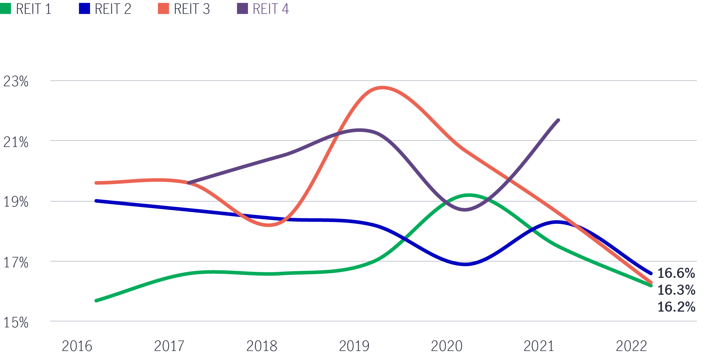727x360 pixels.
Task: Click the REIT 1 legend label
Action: (x=33, y=9)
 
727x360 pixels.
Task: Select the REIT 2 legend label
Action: (x=113, y=9)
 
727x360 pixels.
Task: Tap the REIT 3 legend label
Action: (x=192, y=9)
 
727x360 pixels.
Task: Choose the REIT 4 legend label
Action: (x=270, y=9)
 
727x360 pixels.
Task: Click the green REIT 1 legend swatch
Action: (x=6, y=9)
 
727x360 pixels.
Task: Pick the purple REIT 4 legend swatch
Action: (x=242, y=9)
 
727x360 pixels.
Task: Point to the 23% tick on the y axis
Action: (x=16, y=81)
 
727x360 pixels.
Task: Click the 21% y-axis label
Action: (x=16, y=142)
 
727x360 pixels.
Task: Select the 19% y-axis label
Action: (x=16, y=202)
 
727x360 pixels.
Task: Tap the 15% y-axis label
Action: (x=16, y=322)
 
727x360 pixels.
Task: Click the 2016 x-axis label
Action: (x=77, y=346)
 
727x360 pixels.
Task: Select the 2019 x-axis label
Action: (x=354, y=346)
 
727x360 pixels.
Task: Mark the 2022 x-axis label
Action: (x=631, y=346)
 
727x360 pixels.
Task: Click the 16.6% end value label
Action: (x=676, y=273)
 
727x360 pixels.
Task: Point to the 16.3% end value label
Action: (x=676, y=290)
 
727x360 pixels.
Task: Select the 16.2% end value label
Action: (x=676, y=307)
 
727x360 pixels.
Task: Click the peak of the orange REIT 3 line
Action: (x=382, y=88)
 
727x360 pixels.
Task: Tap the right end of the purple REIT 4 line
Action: (x=559, y=120)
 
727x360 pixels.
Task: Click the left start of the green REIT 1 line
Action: (x=96, y=301)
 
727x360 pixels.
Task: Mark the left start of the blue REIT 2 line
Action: (x=96, y=201)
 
